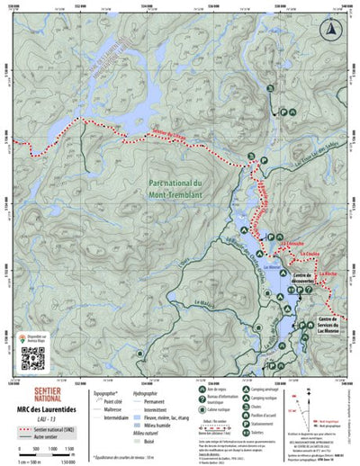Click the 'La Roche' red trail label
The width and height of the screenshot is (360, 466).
pos(326,273)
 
